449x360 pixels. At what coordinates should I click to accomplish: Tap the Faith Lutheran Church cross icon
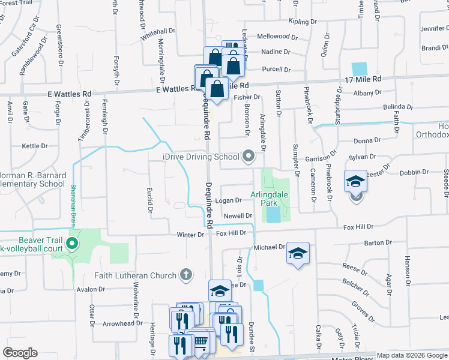186,275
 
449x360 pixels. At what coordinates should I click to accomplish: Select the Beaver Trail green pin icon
72,244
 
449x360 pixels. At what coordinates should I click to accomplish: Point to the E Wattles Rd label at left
70,94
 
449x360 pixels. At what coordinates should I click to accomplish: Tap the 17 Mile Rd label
363,79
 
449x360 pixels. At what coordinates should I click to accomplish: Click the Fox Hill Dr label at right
358,227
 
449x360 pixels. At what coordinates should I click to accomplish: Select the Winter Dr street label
190,235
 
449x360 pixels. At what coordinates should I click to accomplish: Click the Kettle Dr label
34,146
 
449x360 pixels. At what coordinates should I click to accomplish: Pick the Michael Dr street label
268,247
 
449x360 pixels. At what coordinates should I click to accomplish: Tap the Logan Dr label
229,200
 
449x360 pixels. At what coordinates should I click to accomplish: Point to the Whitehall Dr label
158,34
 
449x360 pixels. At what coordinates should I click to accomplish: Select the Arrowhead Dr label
122,323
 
